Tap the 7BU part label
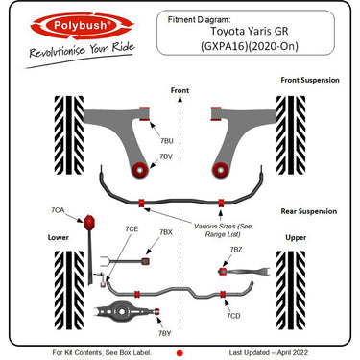tap(167, 140)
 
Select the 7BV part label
tap(166, 156)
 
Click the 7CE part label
tap(132, 228)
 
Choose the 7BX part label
tap(166, 232)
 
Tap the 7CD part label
tap(233, 315)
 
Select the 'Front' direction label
tap(180, 90)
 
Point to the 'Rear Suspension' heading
tap(308, 212)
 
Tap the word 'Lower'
tap(59, 236)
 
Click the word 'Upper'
tap(296, 236)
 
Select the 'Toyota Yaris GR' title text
tap(241, 30)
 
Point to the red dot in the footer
tap(180, 352)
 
